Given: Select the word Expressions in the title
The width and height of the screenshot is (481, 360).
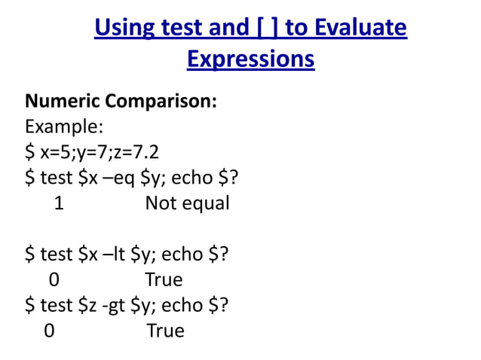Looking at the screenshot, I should point(250,58).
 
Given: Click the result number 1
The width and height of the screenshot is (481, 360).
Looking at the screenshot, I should point(59,203).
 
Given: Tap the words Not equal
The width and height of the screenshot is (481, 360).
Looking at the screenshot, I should point(187,203).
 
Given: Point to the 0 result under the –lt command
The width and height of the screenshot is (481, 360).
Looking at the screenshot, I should point(54,280).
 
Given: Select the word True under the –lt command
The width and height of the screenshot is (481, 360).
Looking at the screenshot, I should point(164,280).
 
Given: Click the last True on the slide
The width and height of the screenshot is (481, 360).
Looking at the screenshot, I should point(165,331).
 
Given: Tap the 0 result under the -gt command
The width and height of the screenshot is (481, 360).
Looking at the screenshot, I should point(49,331).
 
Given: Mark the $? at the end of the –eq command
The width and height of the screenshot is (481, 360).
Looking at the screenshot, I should point(233,178).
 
